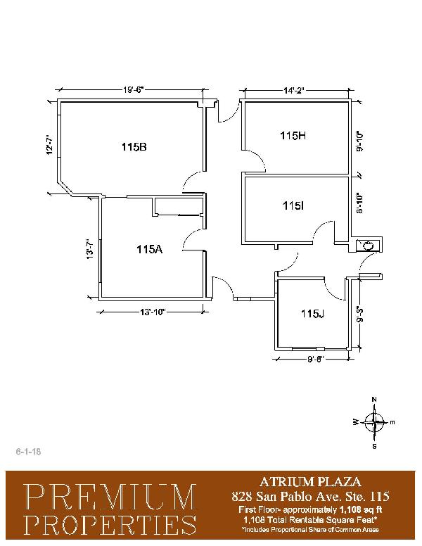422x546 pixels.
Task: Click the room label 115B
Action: tap(134, 147)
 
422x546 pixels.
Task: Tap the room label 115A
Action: tap(149, 249)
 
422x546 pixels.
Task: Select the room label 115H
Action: tap(293, 136)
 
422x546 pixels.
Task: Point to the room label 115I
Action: tap(293, 206)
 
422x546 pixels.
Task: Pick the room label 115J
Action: tap(313, 314)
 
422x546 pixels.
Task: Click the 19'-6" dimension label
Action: tap(134, 90)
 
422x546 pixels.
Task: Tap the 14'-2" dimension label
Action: tap(294, 91)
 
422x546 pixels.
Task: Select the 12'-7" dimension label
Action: tap(50, 145)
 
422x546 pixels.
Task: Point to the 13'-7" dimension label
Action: tap(90, 248)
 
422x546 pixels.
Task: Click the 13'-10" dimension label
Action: tap(152, 312)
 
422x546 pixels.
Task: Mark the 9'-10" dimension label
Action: tap(359, 141)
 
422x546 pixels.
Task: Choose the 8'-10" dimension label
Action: tap(359, 203)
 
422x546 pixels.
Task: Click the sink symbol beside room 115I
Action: tap(367, 246)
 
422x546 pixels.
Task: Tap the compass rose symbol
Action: tap(374, 422)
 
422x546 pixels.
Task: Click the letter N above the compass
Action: tap(374, 400)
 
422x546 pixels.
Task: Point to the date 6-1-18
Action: tap(29, 452)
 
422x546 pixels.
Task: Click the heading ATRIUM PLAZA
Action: tap(310, 482)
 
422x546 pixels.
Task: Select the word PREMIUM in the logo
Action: tap(111, 497)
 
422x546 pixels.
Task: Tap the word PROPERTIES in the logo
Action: tap(111, 525)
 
